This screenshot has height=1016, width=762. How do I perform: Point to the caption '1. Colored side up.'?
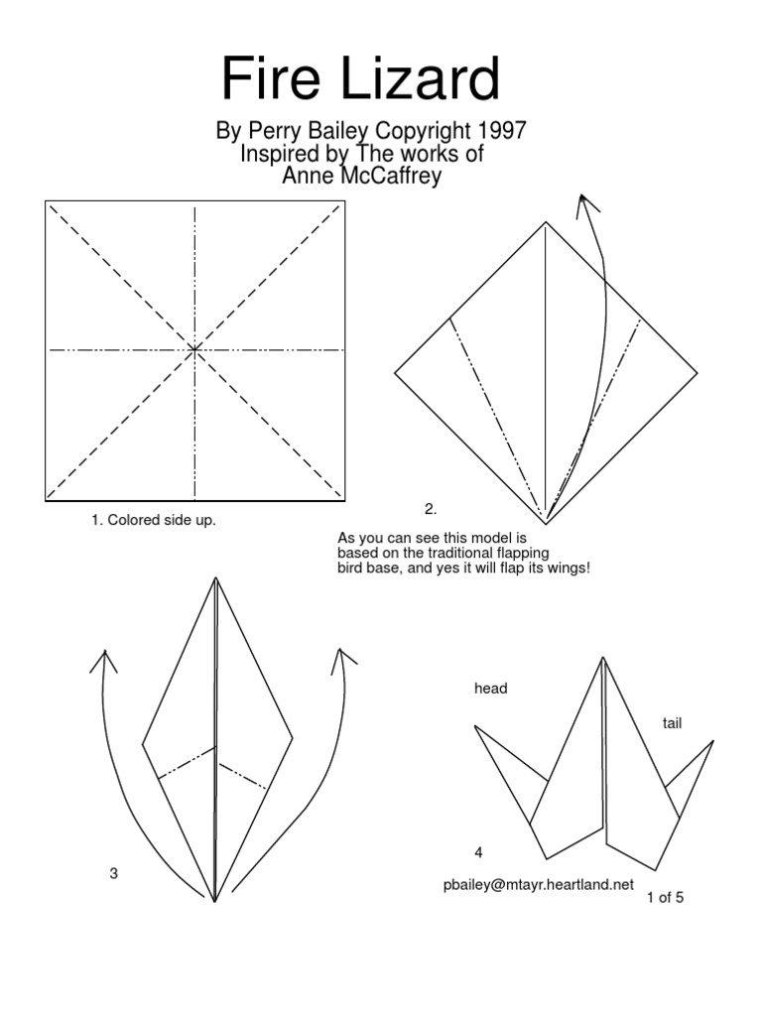coord(153,520)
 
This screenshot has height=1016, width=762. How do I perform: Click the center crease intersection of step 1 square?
coord(194,349)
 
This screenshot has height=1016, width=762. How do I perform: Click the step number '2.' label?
coord(431,509)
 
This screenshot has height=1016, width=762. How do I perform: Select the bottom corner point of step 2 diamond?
coord(546,521)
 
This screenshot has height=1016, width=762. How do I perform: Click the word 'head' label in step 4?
coord(490,689)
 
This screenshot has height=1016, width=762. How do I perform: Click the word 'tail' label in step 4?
coord(673,724)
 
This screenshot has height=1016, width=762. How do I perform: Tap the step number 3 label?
coord(114,873)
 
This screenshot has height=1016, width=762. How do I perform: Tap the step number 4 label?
coord(478,852)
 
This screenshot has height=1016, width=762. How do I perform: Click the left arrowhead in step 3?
coord(103,660)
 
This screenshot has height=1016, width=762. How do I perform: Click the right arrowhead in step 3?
coord(342,658)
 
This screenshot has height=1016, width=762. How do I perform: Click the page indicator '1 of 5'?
coord(665,898)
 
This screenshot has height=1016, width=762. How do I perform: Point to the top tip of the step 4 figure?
coord(602,659)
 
